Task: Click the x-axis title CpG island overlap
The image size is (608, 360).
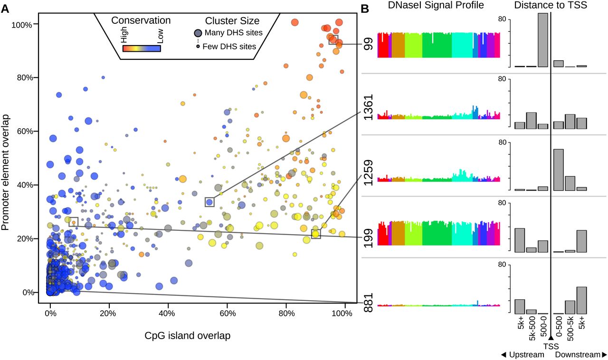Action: click(187, 336)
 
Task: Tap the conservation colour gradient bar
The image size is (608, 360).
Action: click(142, 48)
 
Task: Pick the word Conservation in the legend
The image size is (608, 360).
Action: click(140, 21)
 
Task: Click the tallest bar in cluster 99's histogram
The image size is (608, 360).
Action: click(542, 40)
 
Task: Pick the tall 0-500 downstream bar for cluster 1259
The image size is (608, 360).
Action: click(559, 170)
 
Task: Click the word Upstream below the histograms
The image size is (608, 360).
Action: click(526, 355)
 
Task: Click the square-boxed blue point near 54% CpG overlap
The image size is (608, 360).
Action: click(209, 202)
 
